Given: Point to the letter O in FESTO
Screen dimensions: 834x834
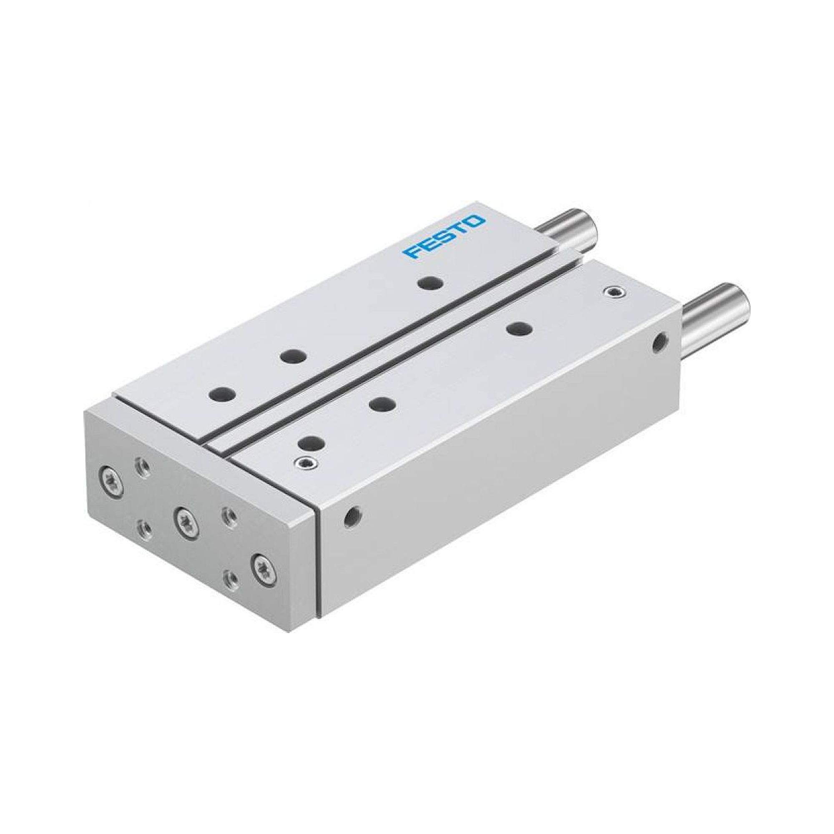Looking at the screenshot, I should pos(476,222).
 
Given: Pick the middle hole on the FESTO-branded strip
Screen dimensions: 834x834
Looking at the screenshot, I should pos(294,344).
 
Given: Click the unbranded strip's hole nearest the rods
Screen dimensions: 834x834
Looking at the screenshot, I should pos(518,328).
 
